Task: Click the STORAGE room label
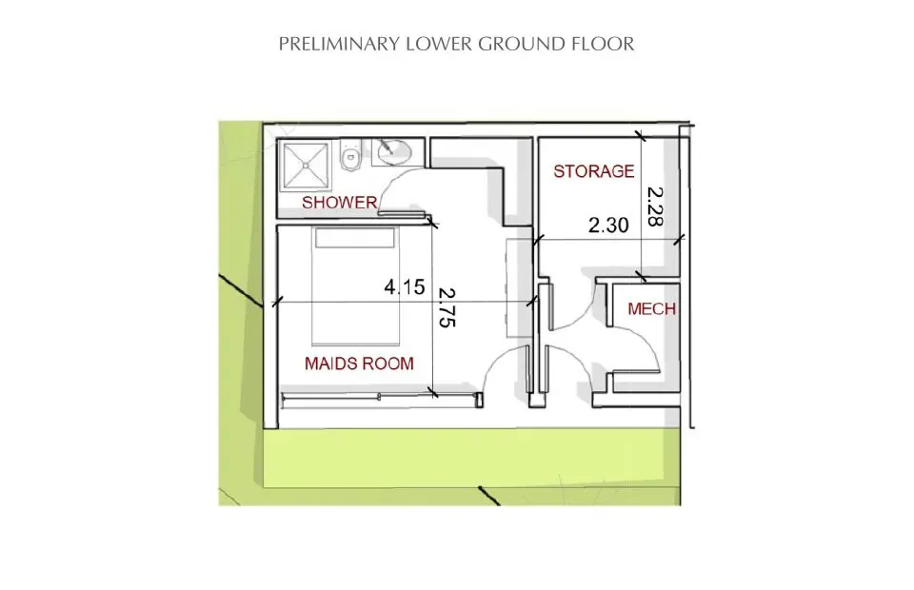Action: (593, 171)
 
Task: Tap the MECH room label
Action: (652, 309)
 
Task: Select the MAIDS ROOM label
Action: (359, 363)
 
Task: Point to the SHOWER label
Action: (339, 203)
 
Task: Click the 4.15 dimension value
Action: (404, 286)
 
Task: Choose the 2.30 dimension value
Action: (608, 226)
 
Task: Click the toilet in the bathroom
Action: (351, 158)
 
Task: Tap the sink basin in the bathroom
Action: (391, 150)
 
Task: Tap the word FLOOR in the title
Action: (609, 44)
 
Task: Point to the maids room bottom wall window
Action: (378, 397)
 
